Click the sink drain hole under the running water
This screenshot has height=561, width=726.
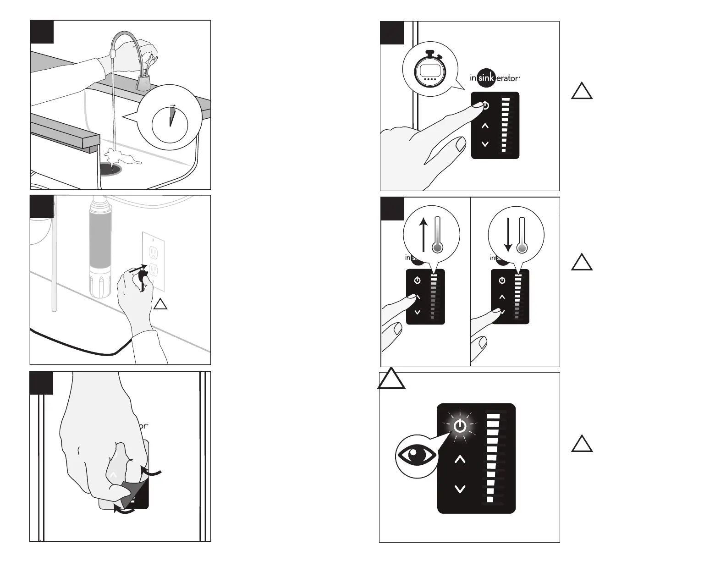coord(111,169)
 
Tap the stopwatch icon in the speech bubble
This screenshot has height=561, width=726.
coord(430,71)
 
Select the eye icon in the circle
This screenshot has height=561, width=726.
coord(416,455)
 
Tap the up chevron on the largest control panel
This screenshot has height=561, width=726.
coord(460,459)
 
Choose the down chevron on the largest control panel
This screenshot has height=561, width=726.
coord(460,489)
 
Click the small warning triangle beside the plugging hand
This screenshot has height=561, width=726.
coord(160,304)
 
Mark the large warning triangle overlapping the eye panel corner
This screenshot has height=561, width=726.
coord(391,380)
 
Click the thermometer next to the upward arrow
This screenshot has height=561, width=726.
coord(437,235)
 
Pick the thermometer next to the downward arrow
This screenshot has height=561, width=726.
coord(522,235)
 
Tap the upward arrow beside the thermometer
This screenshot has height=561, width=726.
coord(423,234)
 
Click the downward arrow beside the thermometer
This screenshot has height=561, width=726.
coord(508,234)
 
